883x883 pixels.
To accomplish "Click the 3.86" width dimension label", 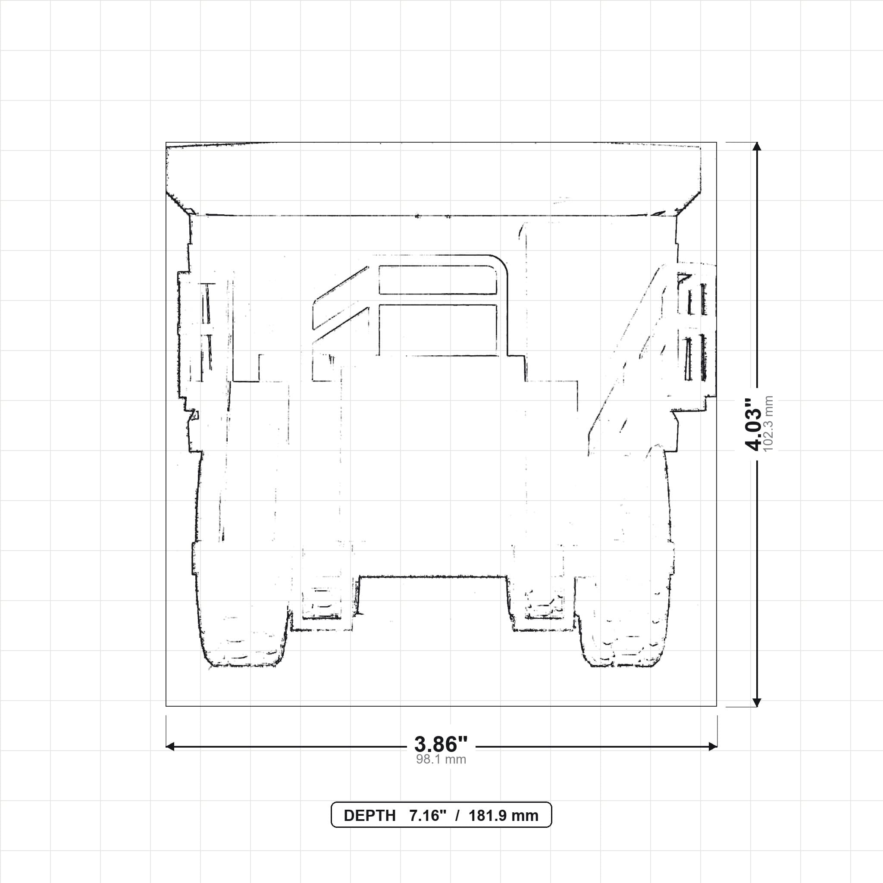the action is (x=441, y=745).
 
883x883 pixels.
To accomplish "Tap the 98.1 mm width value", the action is (x=441, y=760).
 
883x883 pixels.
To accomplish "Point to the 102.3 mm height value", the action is (x=768, y=424).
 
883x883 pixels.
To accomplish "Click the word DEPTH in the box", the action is (x=369, y=816).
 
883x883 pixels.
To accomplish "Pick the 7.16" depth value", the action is (x=427, y=816).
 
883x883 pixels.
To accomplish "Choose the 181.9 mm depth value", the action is (x=503, y=816).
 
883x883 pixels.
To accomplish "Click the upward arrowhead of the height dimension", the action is (x=757, y=146).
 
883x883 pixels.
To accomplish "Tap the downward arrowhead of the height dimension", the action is (x=757, y=702).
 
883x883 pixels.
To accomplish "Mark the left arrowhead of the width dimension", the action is (x=170, y=747).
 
